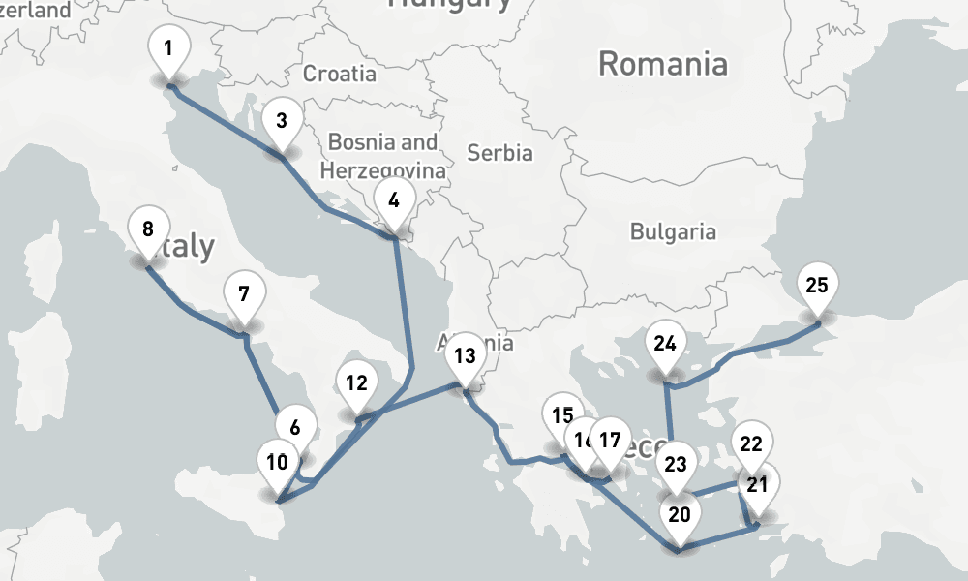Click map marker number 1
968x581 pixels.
click(169, 49)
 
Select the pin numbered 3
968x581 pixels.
click(282, 122)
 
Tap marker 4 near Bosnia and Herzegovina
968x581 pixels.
click(393, 202)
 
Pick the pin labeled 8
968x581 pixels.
click(148, 230)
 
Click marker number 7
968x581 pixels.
click(244, 294)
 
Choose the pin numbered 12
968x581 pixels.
click(356, 383)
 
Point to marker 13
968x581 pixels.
click(465, 356)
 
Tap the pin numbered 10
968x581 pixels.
click(277, 463)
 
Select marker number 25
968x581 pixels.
click(817, 287)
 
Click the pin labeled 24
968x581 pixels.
click(665, 345)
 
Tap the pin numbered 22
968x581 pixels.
click(751, 445)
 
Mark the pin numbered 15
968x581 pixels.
click(561, 417)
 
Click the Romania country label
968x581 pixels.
click(663, 65)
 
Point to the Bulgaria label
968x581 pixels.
click(673, 232)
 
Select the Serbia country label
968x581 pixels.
click(499, 153)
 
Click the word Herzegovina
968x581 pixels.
click(383, 171)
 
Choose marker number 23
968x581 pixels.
click(675, 465)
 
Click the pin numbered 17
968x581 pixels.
click(609, 441)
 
